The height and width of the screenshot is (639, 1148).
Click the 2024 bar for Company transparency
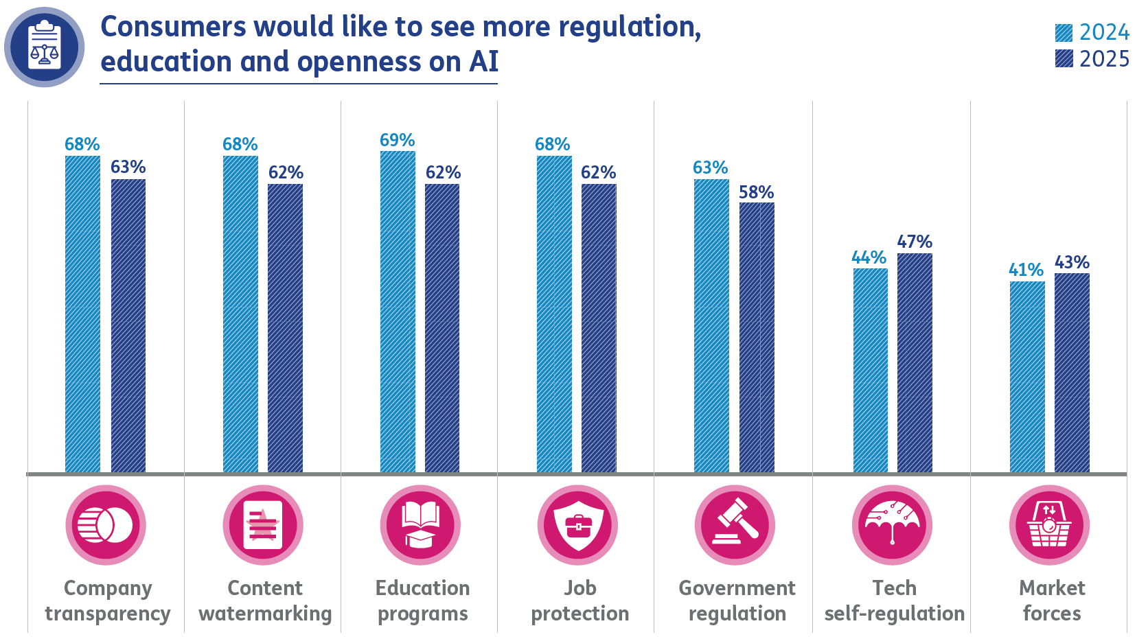pos(82,314)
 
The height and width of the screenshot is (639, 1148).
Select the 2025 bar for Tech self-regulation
pos(915,362)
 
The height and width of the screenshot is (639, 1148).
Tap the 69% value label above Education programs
pos(397,140)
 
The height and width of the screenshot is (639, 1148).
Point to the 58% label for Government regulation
pos(756,192)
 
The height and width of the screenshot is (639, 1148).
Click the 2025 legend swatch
pos(1064,59)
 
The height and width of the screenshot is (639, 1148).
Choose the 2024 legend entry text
pos(1104,32)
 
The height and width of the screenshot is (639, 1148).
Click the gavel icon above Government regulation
pos(735,525)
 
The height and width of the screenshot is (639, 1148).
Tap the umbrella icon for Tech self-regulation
pos(892,525)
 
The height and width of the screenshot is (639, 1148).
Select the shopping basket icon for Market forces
pos(1049,525)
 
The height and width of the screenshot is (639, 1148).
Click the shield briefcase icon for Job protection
pos(577,525)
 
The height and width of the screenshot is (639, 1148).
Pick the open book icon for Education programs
pos(420,525)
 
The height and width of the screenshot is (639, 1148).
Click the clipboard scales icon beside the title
pos(45,47)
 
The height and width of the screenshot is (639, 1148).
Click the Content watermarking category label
pos(265,601)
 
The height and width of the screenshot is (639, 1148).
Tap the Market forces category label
pos(1052,601)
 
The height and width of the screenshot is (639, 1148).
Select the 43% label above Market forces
pos(1072,262)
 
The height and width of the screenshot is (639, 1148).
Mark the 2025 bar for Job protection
pos(599,327)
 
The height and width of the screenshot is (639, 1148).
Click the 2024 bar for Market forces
pos(1027,376)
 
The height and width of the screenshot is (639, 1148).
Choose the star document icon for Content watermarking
pos(263,525)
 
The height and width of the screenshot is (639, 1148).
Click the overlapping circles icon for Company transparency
pos(106,525)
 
